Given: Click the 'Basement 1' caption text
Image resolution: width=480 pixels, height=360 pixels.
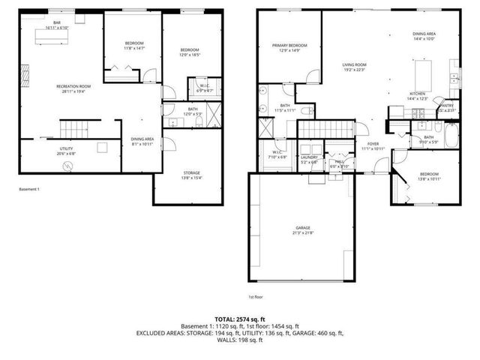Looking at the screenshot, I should click(29, 189).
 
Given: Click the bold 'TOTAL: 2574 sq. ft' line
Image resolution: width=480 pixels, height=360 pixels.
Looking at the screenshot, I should click(240, 319).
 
